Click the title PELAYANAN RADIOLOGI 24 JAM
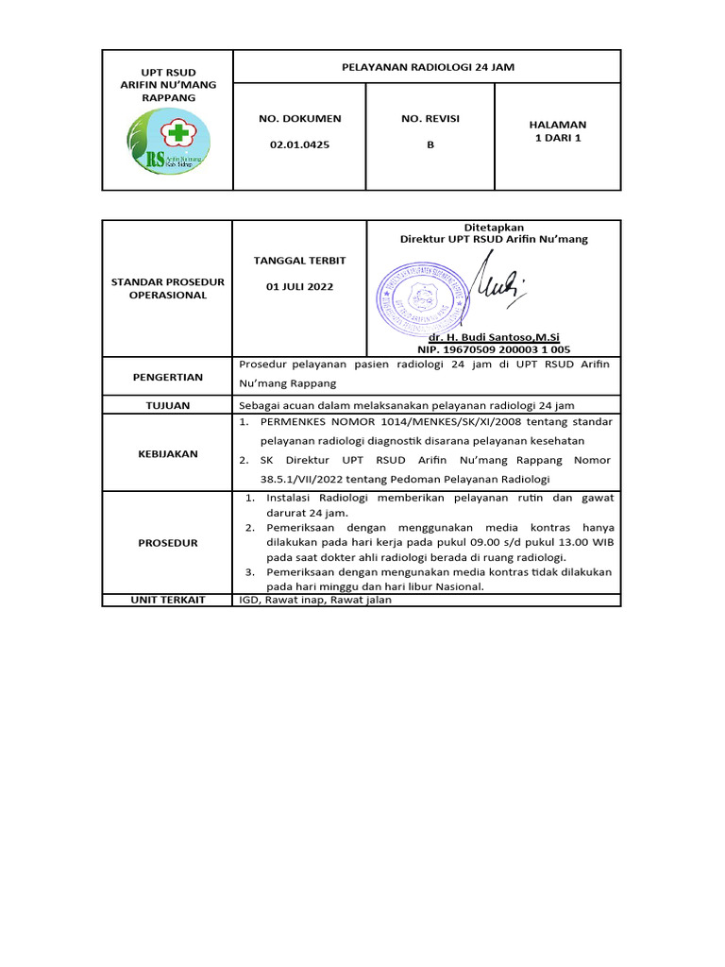pyautogui.click(x=427, y=67)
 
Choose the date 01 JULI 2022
pyautogui.click(x=299, y=286)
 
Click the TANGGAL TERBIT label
pyautogui.click(x=299, y=260)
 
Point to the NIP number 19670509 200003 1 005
pyautogui.click(x=494, y=348)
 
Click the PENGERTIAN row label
pyautogui.click(x=167, y=377)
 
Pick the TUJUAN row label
pyautogui.click(x=167, y=405)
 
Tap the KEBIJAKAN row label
pyautogui.click(x=167, y=453)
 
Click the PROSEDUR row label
pyautogui.click(x=167, y=543)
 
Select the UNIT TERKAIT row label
pyautogui.click(x=167, y=600)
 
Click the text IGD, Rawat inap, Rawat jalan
pyautogui.click(x=314, y=600)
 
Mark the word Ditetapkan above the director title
pyautogui.click(x=494, y=228)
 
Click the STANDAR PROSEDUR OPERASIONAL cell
pyautogui.click(x=167, y=288)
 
